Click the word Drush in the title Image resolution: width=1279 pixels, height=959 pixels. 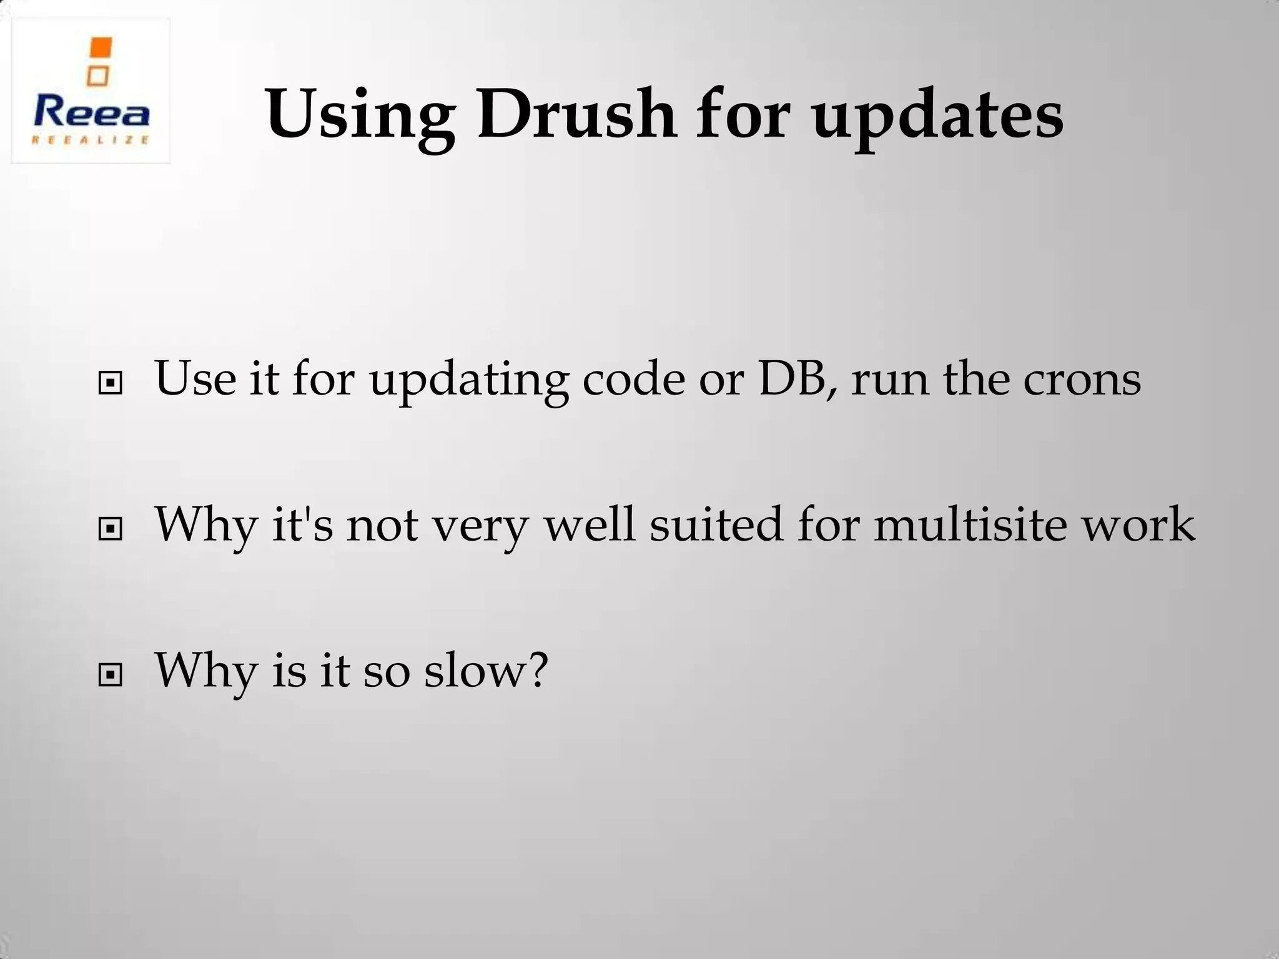(x=576, y=114)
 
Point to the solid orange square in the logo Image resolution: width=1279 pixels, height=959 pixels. (x=101, y=48)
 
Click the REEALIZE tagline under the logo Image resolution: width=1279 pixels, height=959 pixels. (x=91, y=140)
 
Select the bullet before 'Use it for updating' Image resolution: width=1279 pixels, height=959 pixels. (x=110, y=383)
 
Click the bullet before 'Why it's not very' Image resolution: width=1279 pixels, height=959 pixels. (x=110, y=529)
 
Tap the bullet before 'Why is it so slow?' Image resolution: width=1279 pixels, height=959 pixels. (x=110, y=675)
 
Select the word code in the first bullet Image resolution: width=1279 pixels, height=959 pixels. (x=633, y=379)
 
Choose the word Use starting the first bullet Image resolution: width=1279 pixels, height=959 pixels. (x=195, y=379)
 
